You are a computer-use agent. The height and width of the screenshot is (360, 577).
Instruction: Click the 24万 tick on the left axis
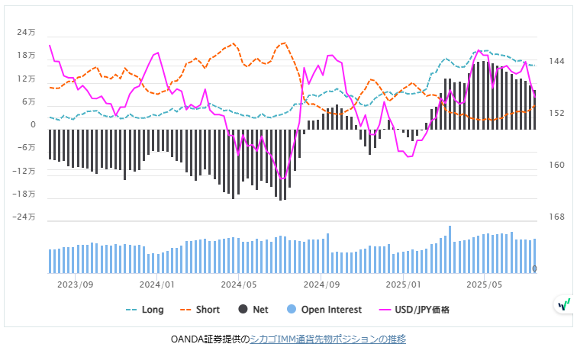click(x=27, y=33)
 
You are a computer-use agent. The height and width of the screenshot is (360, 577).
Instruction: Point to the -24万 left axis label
click(x=25, y=217)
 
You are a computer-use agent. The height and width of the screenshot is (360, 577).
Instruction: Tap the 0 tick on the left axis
click(x=33, y=125)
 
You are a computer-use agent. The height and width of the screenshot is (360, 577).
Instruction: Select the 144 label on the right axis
click(x=556, y=61)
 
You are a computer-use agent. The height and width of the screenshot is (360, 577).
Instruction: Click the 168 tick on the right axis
click(x=556, y=217)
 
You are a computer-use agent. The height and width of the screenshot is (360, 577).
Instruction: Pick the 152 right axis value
click(x=556, y=114)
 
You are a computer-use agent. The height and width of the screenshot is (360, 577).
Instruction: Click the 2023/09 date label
click(x=76, y=284)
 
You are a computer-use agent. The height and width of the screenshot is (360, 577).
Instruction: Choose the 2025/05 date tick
click(x=485, y=284)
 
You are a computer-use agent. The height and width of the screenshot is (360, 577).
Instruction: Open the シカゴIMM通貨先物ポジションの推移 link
click(x=328, y=339)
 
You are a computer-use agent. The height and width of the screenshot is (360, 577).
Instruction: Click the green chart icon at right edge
click(x=564, y=304)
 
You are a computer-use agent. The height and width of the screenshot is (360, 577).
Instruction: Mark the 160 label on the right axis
click(x=556, y=166)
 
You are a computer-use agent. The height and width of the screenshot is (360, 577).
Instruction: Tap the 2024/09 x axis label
click(x=321, y=284)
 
